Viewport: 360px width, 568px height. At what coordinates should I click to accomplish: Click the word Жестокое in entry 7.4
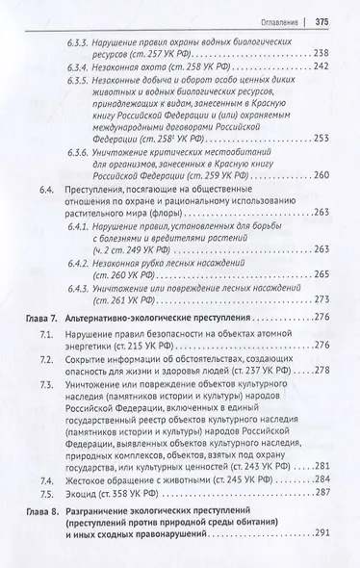tap(91, 504)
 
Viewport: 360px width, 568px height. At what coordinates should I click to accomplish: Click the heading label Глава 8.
tap(38, 535)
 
